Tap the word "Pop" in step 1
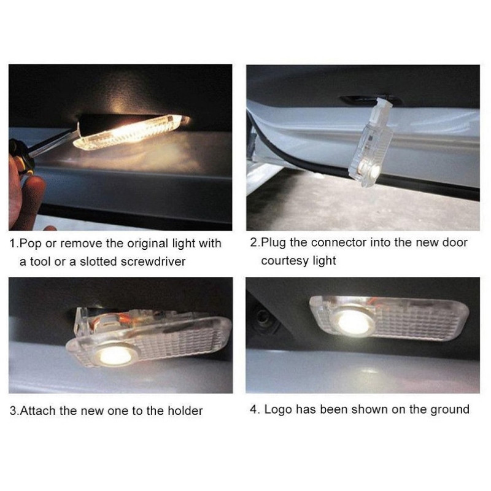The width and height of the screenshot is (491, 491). tap(30, 244)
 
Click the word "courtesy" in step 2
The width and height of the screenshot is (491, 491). tap(285, 261)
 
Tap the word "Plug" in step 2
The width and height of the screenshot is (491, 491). tap(274, 242)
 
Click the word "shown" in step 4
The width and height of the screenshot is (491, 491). tap(371, 409)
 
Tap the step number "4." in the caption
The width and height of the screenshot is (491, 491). tap(255, 409)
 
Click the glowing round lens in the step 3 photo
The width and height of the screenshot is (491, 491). tap(115, 356)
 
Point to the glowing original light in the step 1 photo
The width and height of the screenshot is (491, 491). tap(131, 132)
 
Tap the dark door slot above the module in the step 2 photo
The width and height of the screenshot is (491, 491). tap(369, 99)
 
